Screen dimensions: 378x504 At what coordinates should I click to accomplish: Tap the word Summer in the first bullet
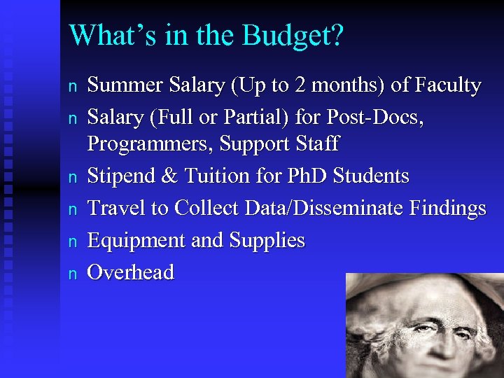click(124, 86)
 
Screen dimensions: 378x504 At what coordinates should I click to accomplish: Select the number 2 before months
click(300, 86)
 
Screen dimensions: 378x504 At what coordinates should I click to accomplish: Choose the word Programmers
click(150, 144)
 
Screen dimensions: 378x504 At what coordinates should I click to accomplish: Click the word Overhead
click(130, 272)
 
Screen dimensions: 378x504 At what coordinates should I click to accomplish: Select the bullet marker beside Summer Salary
click(71, 87)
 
